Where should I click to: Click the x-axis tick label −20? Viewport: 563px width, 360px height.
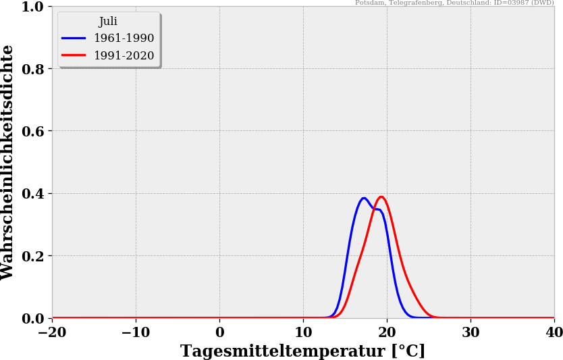click(52, 332)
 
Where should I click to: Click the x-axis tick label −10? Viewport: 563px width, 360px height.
click(136, 332)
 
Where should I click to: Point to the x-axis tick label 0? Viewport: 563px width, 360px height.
click(219, 332)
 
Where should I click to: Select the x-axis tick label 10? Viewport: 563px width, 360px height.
click(303, 332)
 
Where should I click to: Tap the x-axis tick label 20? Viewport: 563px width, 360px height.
click(387, 332)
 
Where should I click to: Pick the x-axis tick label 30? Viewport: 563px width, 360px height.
click(471, 332)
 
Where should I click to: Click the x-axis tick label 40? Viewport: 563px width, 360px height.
click(554, 332)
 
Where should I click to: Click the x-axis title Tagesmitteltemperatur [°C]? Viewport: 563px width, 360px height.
click(302, 351)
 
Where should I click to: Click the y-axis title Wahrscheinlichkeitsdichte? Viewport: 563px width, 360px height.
click(8, 162)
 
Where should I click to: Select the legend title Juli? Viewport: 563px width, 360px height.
click(108, 22)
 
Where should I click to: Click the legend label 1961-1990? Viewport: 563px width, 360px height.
click(124, 38)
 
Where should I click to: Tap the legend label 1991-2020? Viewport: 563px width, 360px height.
click(124, 56)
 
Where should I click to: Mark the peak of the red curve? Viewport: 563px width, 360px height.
click(381, 197)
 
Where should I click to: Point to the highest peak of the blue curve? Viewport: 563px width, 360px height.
click(364, 198)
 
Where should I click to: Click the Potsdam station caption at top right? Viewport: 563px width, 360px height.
click(454, 3)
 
